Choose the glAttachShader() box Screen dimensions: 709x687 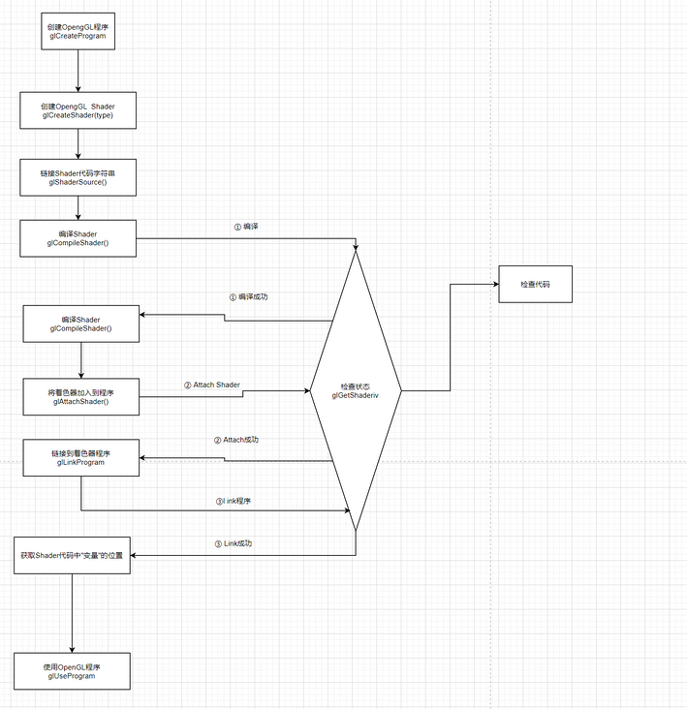(x=80, y=395)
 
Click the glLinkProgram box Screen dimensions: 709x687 (x=80, y=457)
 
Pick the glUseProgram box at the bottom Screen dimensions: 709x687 (x=73, y=670)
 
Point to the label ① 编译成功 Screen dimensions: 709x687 (x=248, y=296)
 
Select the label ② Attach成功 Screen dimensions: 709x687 (x=236, y=440)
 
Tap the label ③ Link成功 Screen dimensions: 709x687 (x=238, y=543)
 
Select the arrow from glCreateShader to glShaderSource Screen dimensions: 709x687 (x=78, y=142)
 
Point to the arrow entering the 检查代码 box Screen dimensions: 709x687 (x=475, y=284)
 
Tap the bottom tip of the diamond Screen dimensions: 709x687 (x=356, y=530)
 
